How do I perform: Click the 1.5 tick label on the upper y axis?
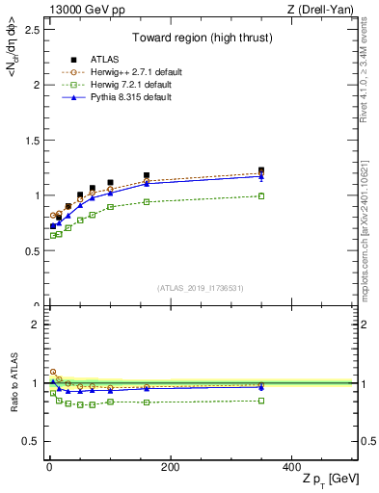[31, 140]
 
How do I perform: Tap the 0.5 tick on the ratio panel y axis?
[31, 441]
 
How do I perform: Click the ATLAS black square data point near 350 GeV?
[261, 170]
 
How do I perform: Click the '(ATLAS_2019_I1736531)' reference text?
[201, 288]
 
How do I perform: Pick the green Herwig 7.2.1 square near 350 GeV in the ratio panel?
[261, 401]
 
